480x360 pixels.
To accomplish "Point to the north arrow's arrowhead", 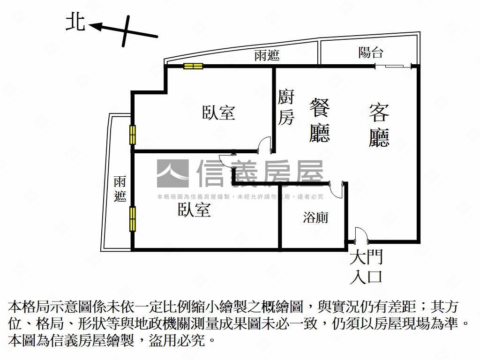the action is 94,27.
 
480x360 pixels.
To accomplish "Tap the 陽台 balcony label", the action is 371,52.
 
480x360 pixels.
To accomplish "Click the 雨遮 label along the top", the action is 267,55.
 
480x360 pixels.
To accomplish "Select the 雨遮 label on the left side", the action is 120,189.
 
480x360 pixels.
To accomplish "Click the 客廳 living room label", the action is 379,125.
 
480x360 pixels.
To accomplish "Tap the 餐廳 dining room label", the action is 320,120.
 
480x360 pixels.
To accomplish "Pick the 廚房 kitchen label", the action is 286,107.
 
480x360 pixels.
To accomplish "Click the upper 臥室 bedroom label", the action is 218,112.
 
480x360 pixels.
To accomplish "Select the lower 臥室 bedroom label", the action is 194,210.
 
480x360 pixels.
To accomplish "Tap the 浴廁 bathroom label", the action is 315,217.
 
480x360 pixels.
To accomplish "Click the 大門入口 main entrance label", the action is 366,267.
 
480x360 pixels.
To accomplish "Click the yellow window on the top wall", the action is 193,66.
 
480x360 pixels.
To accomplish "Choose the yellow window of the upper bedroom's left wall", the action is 133,135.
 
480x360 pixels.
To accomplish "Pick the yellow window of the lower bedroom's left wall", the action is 133,219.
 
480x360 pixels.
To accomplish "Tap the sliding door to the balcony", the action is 393,66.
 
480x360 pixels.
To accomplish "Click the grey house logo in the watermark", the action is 172,173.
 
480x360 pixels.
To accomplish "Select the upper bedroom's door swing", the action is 263,144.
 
